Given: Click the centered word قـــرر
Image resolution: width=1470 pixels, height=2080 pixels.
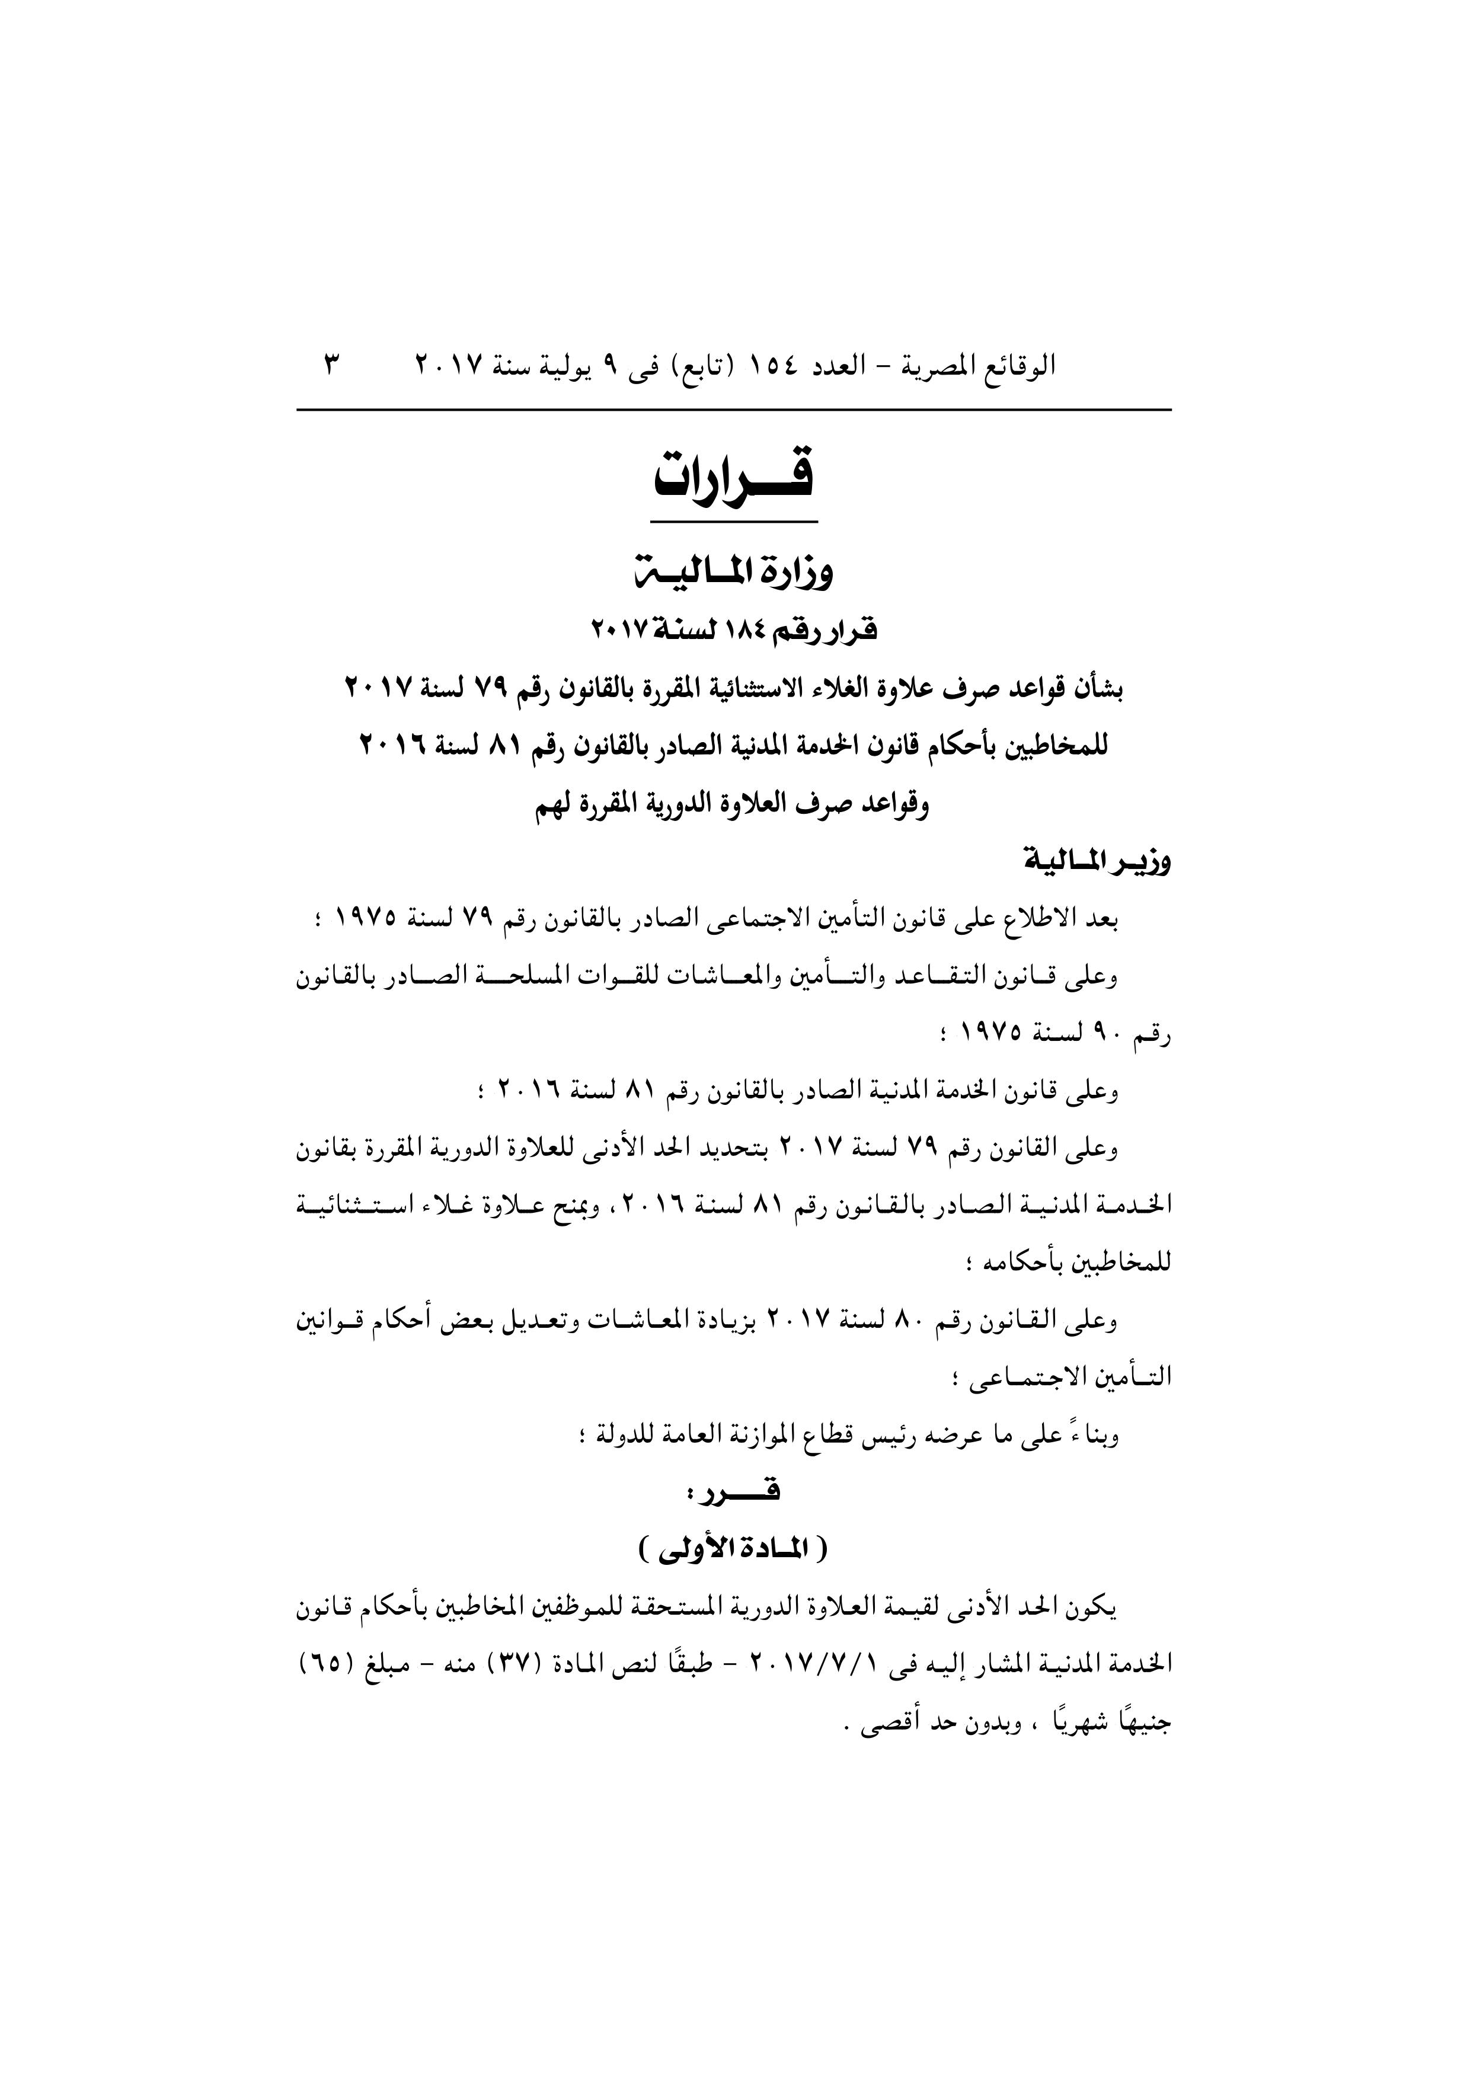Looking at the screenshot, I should pyautogui.click(x=734, y=1490).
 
